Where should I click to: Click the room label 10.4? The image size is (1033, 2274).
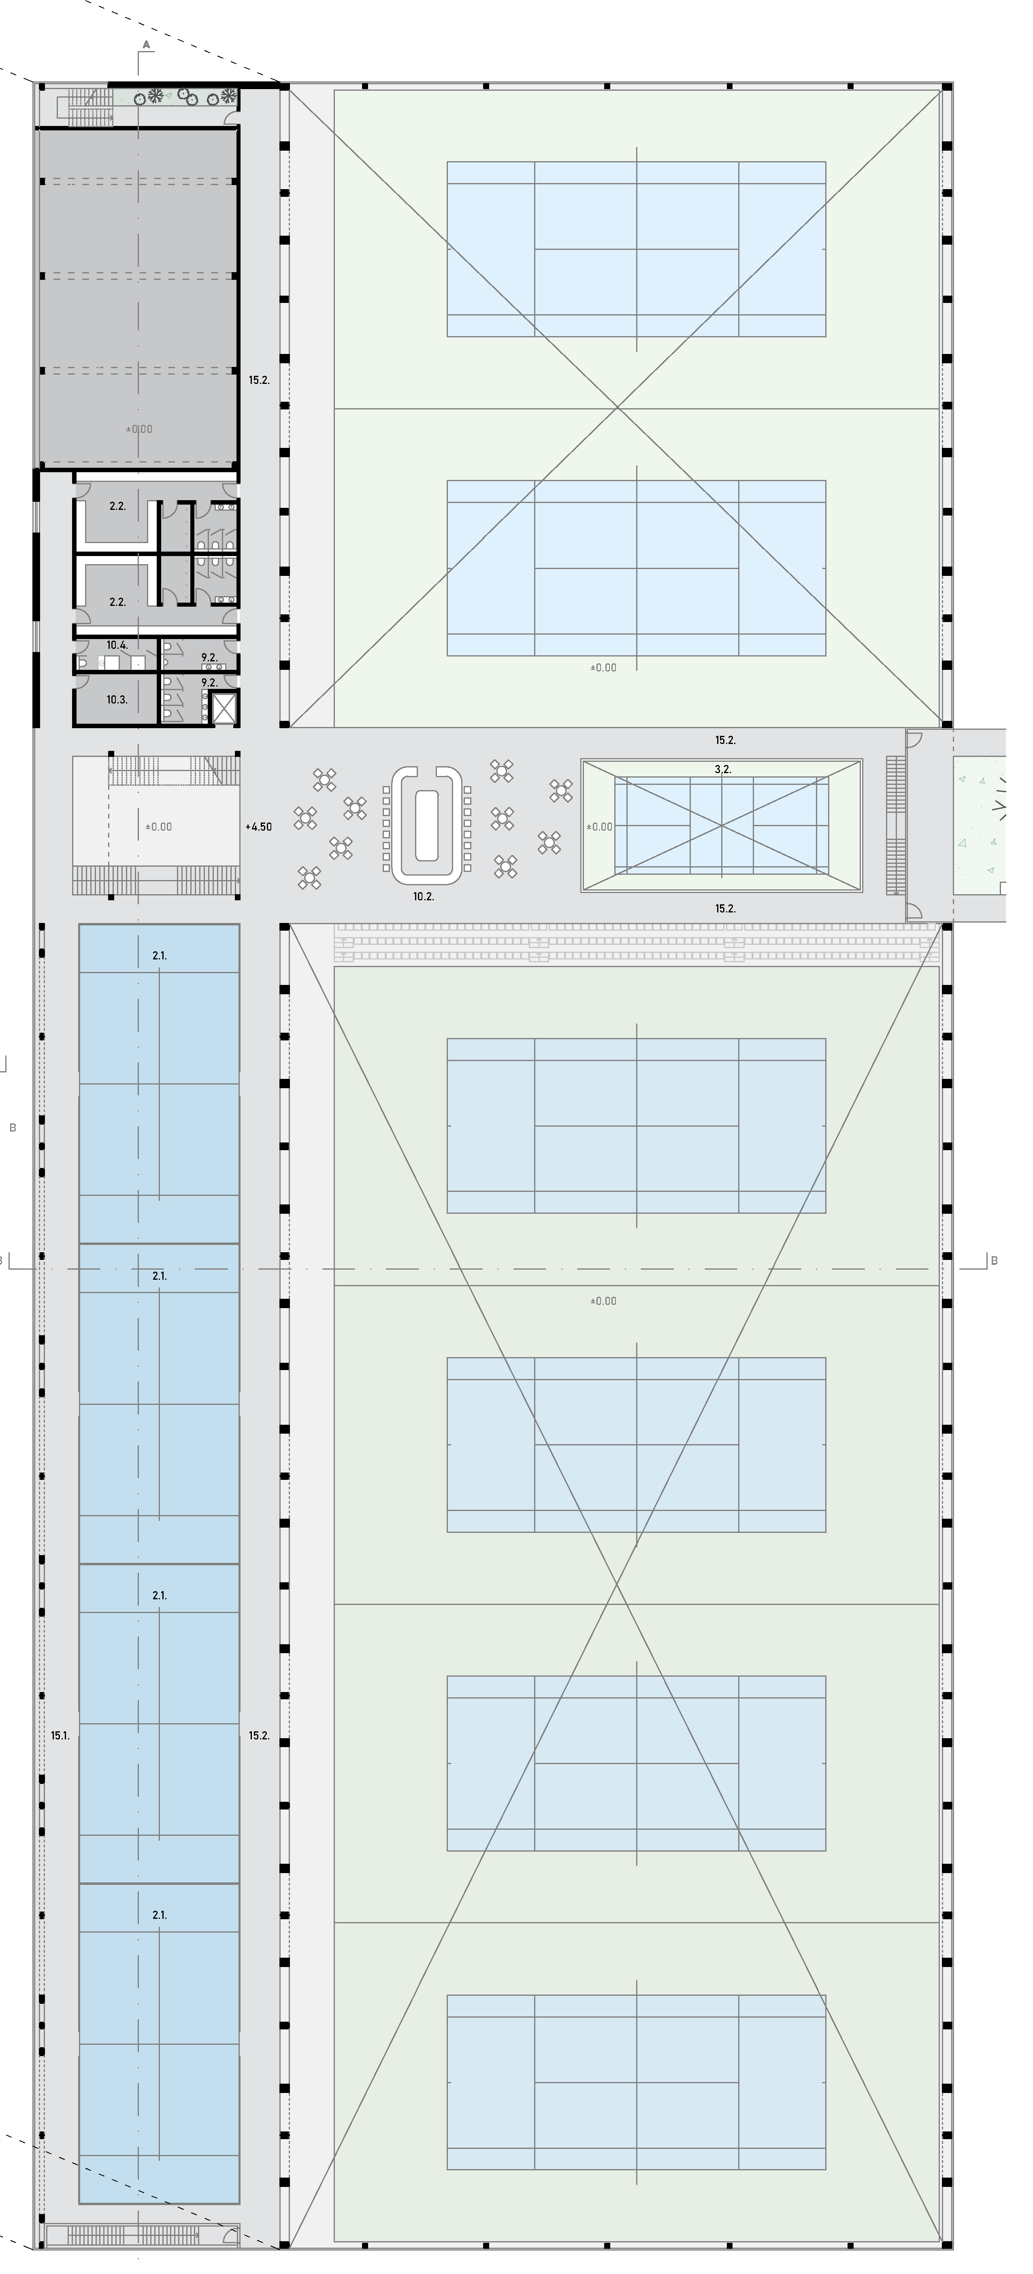pyautogui.click(x=117, y=645)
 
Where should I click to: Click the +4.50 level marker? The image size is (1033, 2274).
pyautogui.click(x=259, y=827)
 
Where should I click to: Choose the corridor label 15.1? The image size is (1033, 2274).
pyautogui.click(x=60, y=1735)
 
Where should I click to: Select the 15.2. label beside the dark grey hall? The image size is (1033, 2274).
pyautogui.click(x=259, y=380)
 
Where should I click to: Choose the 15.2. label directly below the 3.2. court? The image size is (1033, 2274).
pyautogui.click(x=725, y=908)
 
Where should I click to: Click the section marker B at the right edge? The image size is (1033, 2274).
pyautogui.click(x=994, y=1261)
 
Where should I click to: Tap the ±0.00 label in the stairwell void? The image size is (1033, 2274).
pyautogui.click(x=159, y=827)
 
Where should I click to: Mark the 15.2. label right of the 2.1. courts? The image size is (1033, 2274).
pyautogui.click(x=259, y=1735)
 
